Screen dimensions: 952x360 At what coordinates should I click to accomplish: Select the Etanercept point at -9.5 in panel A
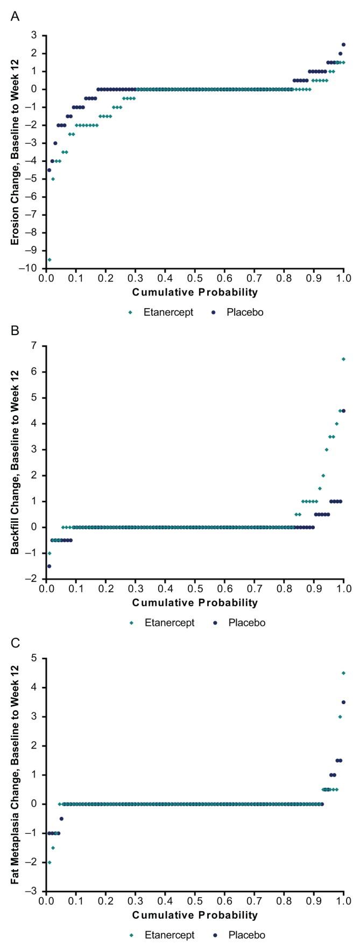[x=50, y=260]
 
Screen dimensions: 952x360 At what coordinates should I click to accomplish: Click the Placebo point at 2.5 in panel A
[x=343, y=45]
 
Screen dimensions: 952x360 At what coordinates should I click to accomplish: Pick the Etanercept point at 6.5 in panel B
[x=343, y=359]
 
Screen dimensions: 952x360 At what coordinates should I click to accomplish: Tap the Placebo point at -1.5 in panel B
[x=49, y=566]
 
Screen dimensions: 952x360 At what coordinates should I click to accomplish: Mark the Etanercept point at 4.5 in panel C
[x=343, y=673]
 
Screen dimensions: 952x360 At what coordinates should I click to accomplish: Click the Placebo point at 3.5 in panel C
[x=343, y=702]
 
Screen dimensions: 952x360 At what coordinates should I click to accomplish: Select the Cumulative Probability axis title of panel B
[x=195, y=602]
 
